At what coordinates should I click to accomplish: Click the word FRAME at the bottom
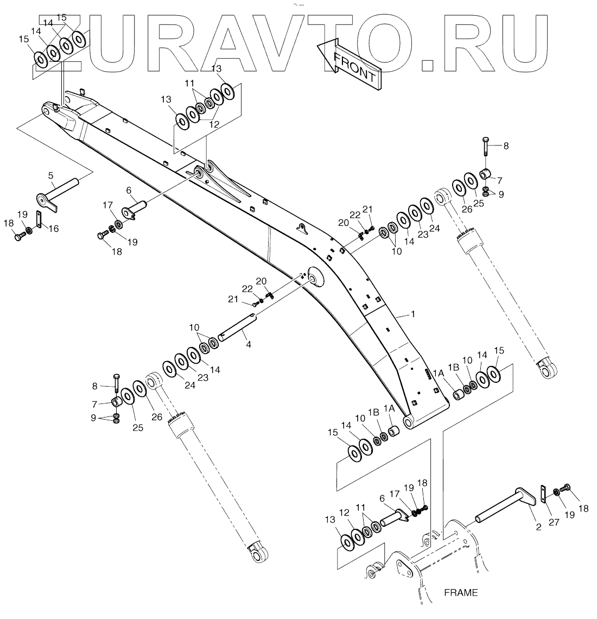[x=460, y=592]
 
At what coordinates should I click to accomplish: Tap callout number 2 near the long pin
[x=538, y=526]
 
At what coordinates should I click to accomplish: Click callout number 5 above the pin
[x=50, y=175]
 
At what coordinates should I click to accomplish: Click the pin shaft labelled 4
[x=237, y=328]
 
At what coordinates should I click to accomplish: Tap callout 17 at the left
[x=107, y=205]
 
